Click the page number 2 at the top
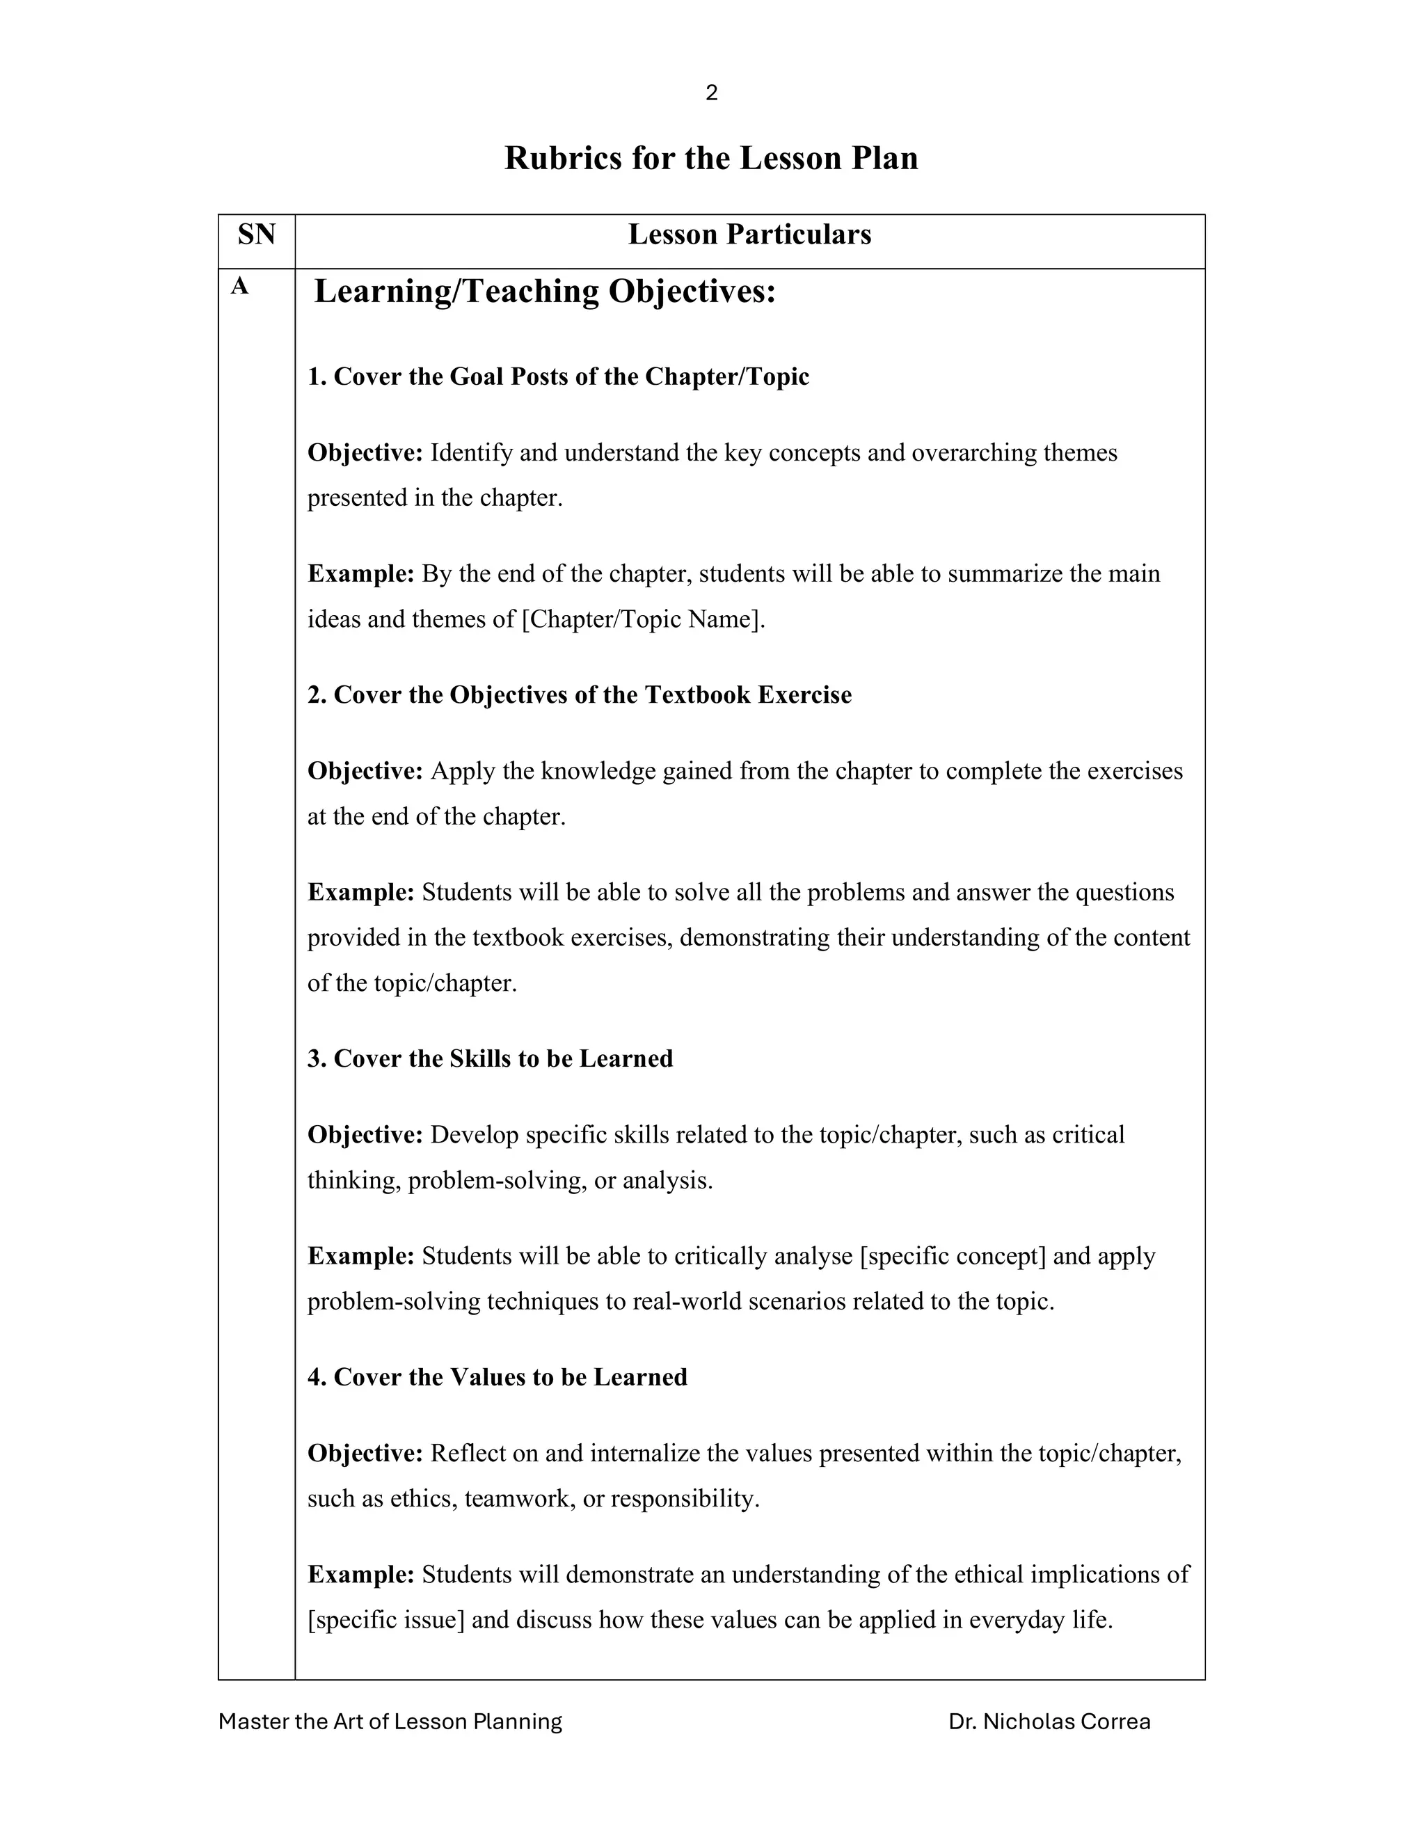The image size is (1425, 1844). (711, 93)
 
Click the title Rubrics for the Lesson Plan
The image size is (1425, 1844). (711, 159)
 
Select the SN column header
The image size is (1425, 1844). (257, 235)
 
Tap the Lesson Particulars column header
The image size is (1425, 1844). (749, 235)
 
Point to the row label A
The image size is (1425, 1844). (240, 287)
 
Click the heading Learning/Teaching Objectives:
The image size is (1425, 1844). (545, 292)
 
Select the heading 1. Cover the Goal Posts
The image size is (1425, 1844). (557, 376)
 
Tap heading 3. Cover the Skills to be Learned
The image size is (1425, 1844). (490, 1059)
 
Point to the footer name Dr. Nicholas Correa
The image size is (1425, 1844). (1049, 1722)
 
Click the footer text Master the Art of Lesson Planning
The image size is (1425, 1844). (390, 1722)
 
